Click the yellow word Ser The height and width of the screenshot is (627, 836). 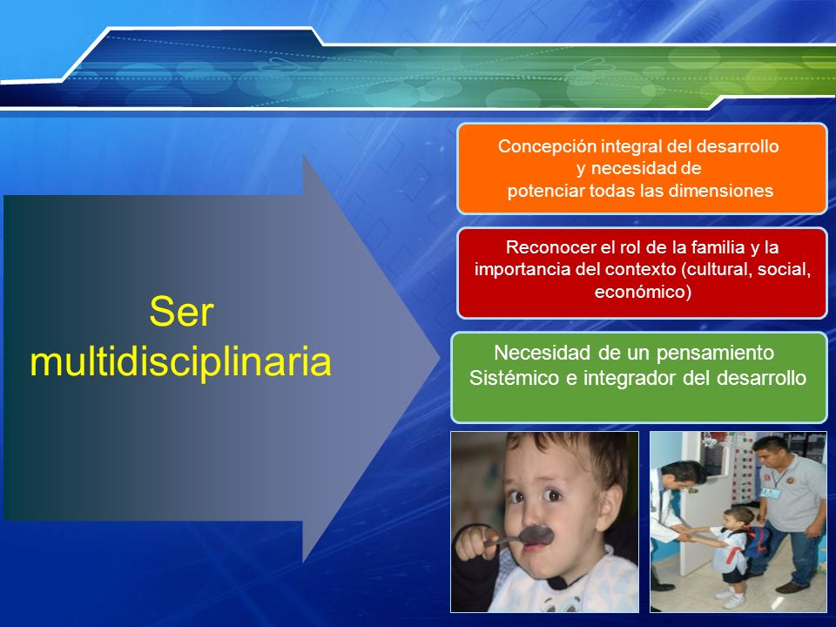click(181, 312)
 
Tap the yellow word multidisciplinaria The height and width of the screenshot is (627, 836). click(181, 362)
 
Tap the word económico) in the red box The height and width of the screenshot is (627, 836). click(643, 293)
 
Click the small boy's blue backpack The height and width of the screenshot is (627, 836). click(757, 540)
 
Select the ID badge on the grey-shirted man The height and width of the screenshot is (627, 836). click(768, 492)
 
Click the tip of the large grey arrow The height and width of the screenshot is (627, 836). click(439, 358)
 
